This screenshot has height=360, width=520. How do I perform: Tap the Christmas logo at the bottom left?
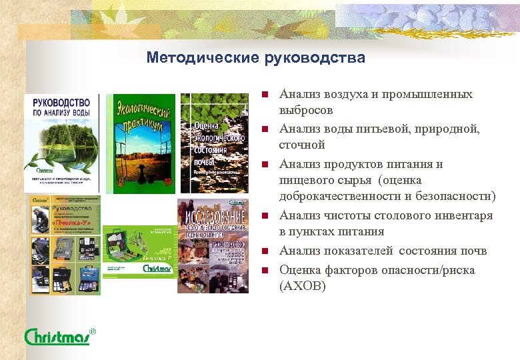pos(59,336)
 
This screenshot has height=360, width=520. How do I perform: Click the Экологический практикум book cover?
pos(141,143)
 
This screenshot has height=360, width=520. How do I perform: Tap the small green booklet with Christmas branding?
pos(139,251)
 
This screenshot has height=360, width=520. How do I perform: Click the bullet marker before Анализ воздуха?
pos(264,94)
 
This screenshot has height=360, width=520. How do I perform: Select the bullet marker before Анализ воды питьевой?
pos(264,129)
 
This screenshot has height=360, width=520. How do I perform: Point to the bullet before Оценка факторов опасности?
pos(264,270)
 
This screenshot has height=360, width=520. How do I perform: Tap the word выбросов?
pos(305,110)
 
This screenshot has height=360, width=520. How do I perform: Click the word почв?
pos(475,251)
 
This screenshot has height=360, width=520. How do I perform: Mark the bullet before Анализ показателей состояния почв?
pos(264,251)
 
